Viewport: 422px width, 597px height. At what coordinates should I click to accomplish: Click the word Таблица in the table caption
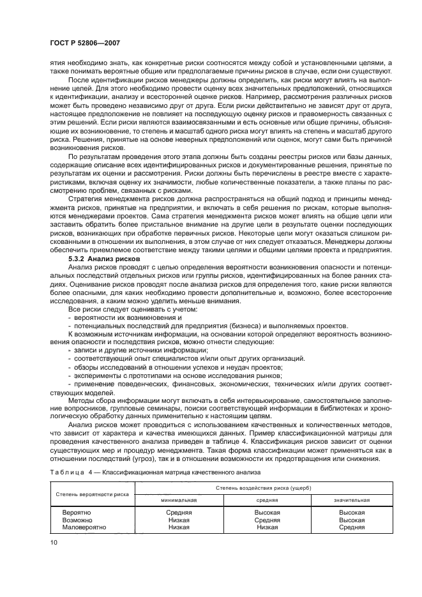point(66,472)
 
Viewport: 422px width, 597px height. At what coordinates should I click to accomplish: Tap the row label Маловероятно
point(84,527)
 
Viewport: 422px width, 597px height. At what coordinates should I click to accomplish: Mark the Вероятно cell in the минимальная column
point(179,512)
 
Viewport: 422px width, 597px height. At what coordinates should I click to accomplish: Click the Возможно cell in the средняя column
point(268,520)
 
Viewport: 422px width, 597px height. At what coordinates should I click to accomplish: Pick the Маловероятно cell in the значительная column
point(352,527)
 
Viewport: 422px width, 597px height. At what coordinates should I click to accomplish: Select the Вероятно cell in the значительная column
point(352,512)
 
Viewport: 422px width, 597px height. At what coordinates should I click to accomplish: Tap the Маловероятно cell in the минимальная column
point(179,527)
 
